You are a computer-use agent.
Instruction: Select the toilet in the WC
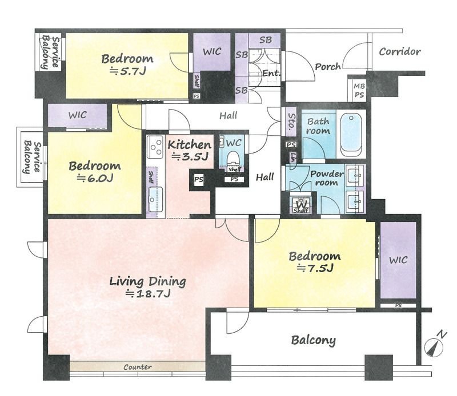[233, 158]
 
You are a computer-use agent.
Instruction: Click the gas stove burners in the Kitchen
[155, 147]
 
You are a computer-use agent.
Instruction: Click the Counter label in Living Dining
[138, 366]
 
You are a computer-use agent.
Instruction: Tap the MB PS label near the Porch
[359, 91]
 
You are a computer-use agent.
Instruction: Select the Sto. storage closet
[291, 121]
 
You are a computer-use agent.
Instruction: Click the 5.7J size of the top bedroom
[127, 71]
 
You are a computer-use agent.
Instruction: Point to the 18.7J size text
[147, 293]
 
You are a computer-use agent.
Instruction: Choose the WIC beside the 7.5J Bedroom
[398, 260]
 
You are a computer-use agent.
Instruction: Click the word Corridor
[400, 52]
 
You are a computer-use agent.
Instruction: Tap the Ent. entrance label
[271, 73]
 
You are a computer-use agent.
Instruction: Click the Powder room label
[327, 178]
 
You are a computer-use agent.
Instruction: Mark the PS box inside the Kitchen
[199, 179]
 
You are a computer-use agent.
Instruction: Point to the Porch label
[328, 67]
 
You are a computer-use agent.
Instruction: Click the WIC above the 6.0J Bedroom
[78, 115]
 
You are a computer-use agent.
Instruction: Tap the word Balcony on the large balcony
[313, 340]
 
